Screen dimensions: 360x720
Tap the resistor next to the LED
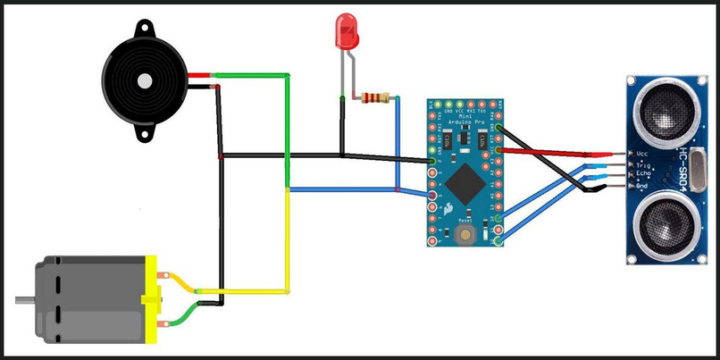point(375,98)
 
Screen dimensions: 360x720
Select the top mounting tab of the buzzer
point(143,30)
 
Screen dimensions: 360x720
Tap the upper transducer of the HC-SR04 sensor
point(663,111)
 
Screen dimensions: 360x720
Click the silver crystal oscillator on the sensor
point(700,168)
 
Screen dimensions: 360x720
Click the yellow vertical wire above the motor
point(287,241)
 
